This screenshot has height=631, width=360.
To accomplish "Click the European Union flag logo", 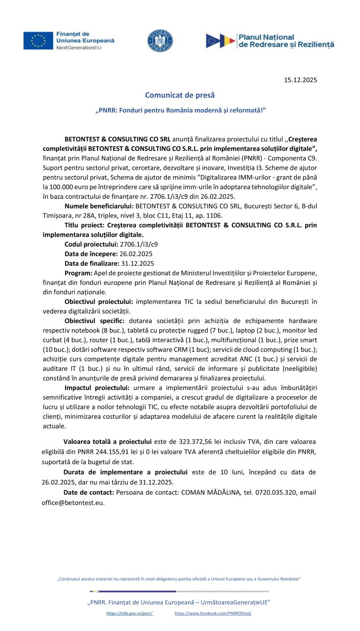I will point(38,41).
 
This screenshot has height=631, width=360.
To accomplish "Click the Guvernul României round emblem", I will point(160,41).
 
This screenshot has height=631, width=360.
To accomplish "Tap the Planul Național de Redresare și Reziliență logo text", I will point(286,41).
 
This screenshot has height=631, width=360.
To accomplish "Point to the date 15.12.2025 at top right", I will point(300,80).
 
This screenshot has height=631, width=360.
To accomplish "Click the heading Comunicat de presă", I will point(180,95).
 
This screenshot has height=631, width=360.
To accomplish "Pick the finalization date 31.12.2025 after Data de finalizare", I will point(137,263).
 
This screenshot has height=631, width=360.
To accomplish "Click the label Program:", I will point(78,273).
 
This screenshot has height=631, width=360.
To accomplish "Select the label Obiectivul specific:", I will point(94,321).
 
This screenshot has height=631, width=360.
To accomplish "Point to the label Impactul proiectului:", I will point(97,387).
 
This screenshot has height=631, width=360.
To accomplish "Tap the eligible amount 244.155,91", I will point(134,451).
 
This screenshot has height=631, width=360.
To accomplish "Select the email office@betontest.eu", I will point(73,502).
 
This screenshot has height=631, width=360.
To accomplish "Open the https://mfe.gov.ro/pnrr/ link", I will point(130,613).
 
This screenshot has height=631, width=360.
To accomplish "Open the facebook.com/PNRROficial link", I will point(213,613).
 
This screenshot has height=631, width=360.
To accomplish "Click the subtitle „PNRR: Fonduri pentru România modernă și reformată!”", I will point(180,111).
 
